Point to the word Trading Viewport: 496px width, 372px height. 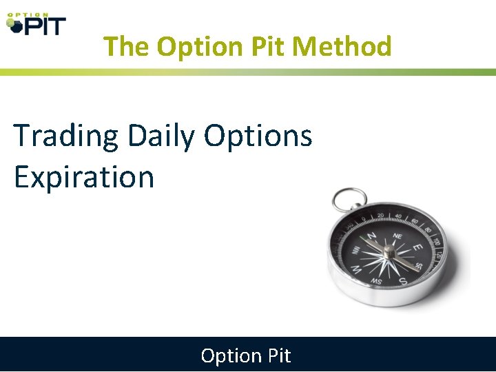tap(66, 136)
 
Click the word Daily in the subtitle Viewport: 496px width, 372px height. tap(161, 136)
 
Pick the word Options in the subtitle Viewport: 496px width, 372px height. tap(258, 136)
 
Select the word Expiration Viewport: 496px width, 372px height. tap(83, 177)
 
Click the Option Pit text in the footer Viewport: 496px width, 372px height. tap(246, 355)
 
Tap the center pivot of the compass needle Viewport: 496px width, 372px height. tap(389, 253)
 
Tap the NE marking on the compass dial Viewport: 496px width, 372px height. tap(397, 235)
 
